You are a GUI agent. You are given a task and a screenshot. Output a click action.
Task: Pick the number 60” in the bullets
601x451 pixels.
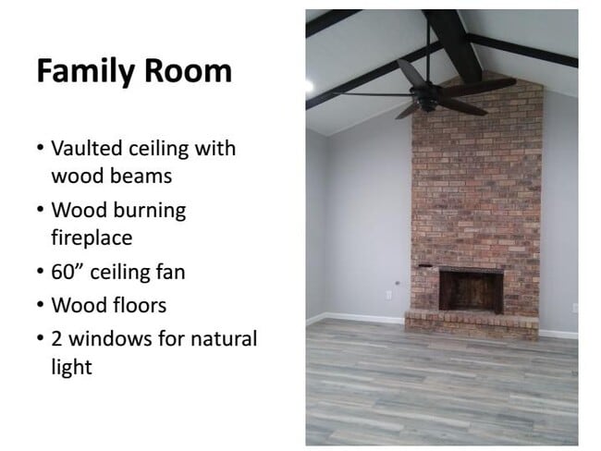[70, 273]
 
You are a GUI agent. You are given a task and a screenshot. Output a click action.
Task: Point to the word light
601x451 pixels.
[72, 366]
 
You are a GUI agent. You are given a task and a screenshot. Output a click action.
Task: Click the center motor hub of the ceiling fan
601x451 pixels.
[431, 91]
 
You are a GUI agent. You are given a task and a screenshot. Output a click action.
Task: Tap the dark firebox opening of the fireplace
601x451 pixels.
[470, 290]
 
